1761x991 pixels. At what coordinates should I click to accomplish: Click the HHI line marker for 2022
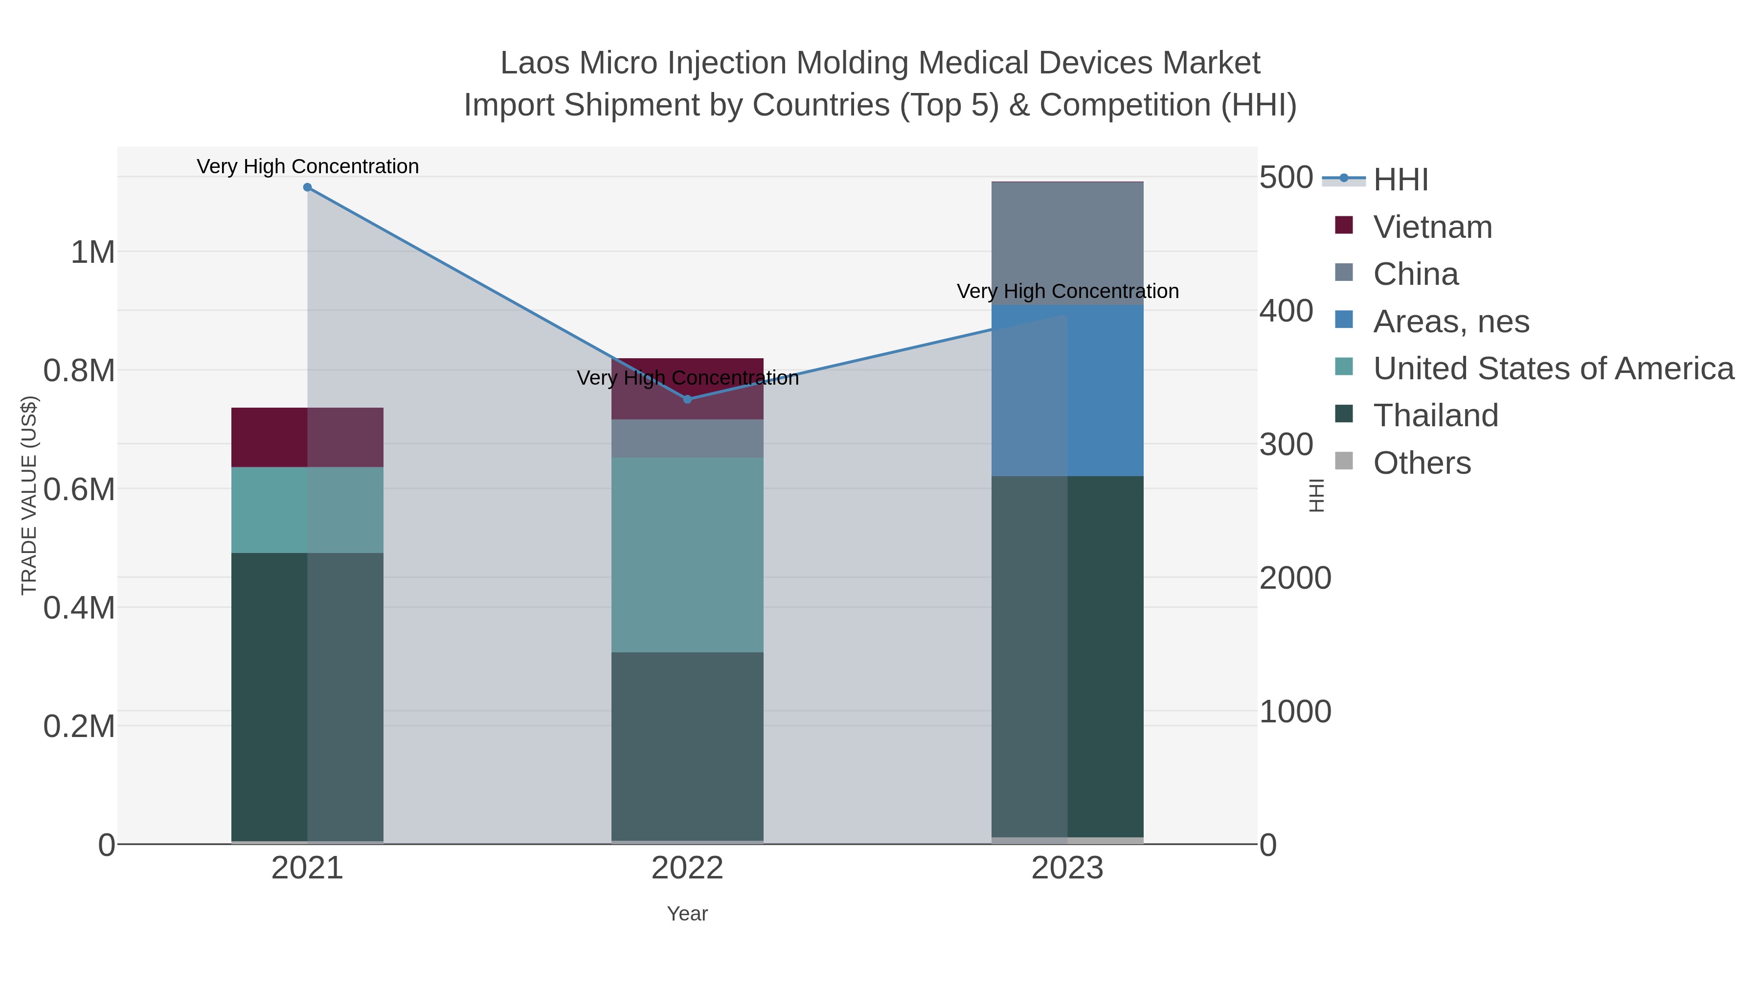coord(688,399)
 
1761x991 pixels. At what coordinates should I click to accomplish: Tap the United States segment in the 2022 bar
coord(687,554)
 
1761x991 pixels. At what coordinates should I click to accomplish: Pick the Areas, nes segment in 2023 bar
coord(1067,390)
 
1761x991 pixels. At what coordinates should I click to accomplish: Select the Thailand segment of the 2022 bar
coord(687,745)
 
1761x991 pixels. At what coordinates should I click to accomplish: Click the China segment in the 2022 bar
coord(687,438)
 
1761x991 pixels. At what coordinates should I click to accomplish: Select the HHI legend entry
coord(1400,179)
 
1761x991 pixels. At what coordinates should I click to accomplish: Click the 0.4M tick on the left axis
coord(79,608)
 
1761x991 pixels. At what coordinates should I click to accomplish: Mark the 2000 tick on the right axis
coord(1295,578)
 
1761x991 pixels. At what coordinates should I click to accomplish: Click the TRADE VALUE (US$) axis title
coord(29,495)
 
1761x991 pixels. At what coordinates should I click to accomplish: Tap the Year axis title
coord(687,914)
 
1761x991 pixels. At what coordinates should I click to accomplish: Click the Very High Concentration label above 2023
coord(1067,291)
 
